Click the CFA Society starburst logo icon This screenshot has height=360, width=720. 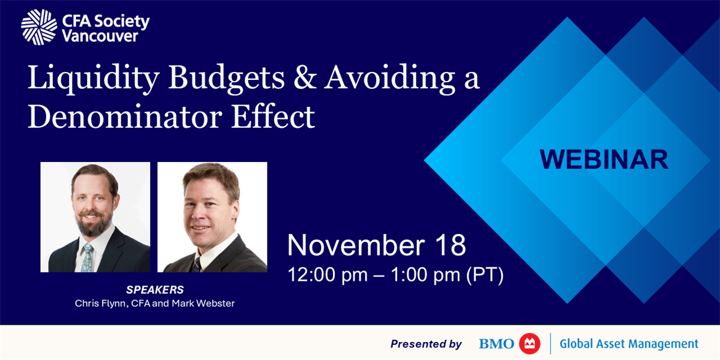(39, 27)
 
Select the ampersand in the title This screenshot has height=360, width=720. (305, 77)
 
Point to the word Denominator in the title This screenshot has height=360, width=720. (125, 116)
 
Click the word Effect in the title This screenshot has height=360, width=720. (273, 116)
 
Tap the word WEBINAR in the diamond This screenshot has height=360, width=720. (604, 160)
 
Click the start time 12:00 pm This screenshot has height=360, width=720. (328, 275)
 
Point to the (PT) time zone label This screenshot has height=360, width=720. (485, 275)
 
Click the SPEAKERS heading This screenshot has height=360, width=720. (155, 290)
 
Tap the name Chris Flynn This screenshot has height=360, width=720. (101, 304)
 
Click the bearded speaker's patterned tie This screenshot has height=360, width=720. (87, 257)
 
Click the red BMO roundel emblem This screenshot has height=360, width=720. (530, 344)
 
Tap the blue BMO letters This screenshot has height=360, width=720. (496, 344)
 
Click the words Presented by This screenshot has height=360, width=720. (426, 344)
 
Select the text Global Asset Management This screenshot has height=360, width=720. (629, 344)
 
